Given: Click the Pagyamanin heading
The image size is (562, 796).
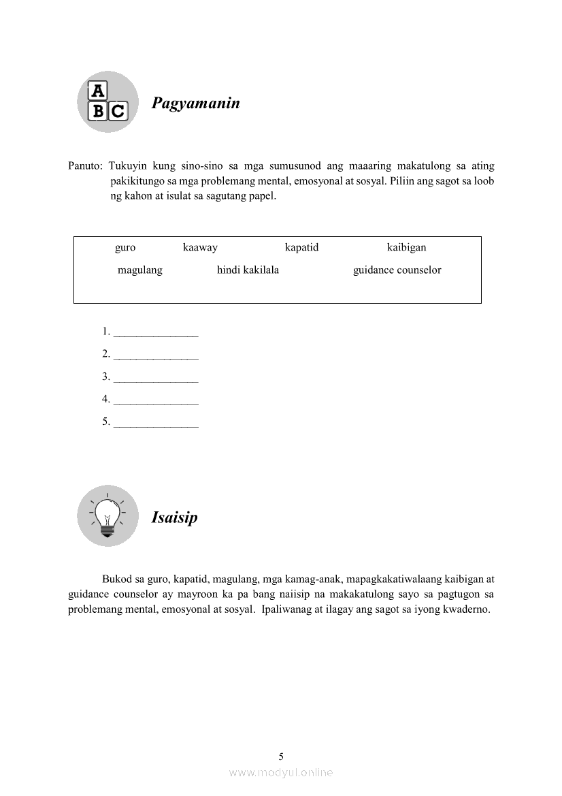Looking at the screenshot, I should point(195,104).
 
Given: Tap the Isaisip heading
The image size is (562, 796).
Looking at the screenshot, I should point(174,518).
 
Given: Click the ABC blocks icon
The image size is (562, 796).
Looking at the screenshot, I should point(108,101).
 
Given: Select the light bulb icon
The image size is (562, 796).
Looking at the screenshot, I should point(108,515).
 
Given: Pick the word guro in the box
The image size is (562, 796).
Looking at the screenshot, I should point(125,247).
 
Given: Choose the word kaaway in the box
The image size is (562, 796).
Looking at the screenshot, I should point(200,247).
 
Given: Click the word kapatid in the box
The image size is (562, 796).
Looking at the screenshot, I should point(301,247).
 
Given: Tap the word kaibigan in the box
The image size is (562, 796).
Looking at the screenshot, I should point(406,247).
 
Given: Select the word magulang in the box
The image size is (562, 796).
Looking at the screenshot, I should point(140,270).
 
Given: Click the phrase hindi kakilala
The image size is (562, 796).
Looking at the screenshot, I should point(248,270).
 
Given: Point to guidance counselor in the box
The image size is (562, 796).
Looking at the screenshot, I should point(397,270).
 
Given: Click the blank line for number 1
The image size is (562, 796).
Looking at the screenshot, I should point(156,333).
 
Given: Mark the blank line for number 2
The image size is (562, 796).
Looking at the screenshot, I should point(156,355).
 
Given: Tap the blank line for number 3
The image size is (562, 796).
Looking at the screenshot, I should point(156,378).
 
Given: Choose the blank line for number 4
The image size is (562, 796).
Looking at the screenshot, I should point(156,400).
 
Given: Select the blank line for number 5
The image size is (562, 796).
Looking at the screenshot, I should point(156,423).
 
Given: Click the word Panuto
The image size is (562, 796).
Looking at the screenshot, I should point(85,166).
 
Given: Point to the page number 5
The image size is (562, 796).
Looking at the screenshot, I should point(281,757).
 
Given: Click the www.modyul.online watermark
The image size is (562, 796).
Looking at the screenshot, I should point(281,773).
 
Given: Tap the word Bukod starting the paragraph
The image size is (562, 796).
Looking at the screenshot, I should point(117,580).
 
